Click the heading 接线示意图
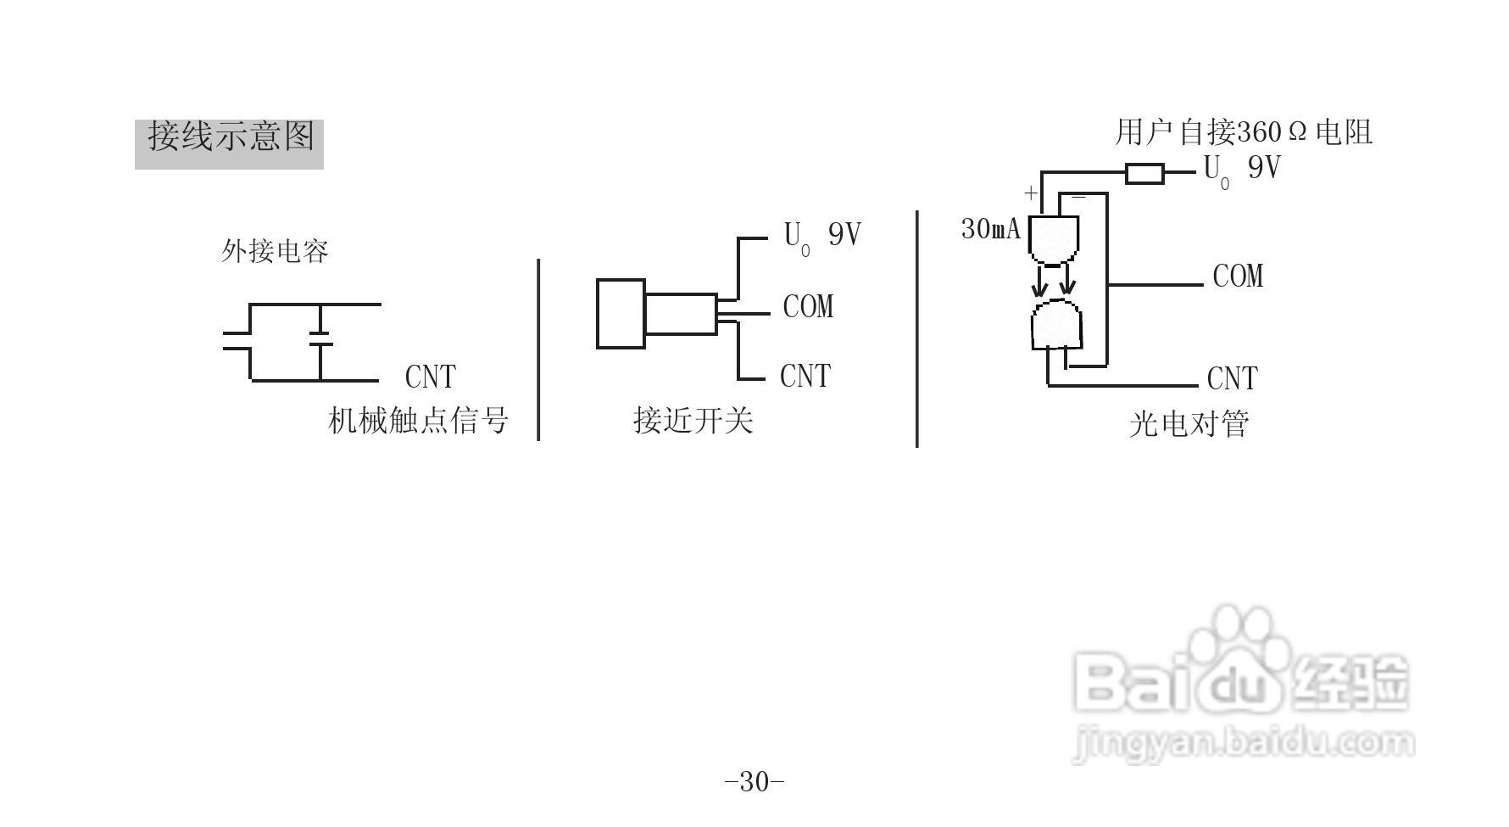pyautogui.click(x=230, y=137)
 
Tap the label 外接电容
pyautogui.click(x=275, y=251)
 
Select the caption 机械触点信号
pyautogui.click(x=418, y=420)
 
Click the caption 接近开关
pyautogui.click(x=693, y=420)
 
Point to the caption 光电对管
pyautogui.click(x=1189, y=424)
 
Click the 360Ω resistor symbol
pyautogui.click(x=1144, y=174)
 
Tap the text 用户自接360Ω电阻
pyautogui.click(x=1243, y=132)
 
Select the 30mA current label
pyautogui.click(x=990, y=229)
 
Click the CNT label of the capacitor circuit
pyautogui.click(x=430, y=377)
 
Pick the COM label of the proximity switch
pyautogui.click(x=808, y=307)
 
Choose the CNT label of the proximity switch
pyautogui.click(x=805, y=376)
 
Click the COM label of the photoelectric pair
pyautogui.click(x=1238, y=277)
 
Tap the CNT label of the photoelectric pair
pyautogui.click(x=1232, y=378)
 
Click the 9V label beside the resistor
pyautogui.click(x=1263, y=168)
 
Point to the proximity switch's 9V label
pyautogui.click(x=844, y=234)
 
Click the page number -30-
pyautogui.click(x=754, y=781)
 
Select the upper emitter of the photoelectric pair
pyautogui.click(x=1054, y=238)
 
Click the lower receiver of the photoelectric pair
pyautogui.click(x=1056, y=325)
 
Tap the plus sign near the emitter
pyautogui.click(x=1030, y=193)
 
